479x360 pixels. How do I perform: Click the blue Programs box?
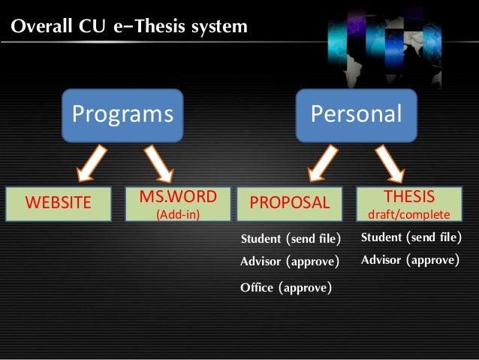click(122, 115)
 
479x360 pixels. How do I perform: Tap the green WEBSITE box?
click(59, 203)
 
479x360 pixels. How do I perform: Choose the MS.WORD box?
click(177, 203)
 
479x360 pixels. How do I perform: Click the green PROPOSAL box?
click(289, 203)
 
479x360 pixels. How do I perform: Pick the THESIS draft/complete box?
click(409, 203)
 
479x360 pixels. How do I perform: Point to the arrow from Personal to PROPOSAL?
click(321, 163)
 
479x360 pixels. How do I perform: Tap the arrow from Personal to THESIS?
click(391, 163)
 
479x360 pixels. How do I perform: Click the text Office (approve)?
click(285, 287)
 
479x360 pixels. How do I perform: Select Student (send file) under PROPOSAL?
click(290, 240)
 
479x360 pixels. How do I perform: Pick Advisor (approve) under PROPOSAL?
click(289, 262)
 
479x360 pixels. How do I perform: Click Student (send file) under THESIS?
click(411, 238)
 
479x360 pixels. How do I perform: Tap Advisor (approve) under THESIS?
click(410, 261)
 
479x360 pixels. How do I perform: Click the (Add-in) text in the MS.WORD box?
click(177, 213)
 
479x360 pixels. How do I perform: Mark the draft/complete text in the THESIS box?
click(409, 213)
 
